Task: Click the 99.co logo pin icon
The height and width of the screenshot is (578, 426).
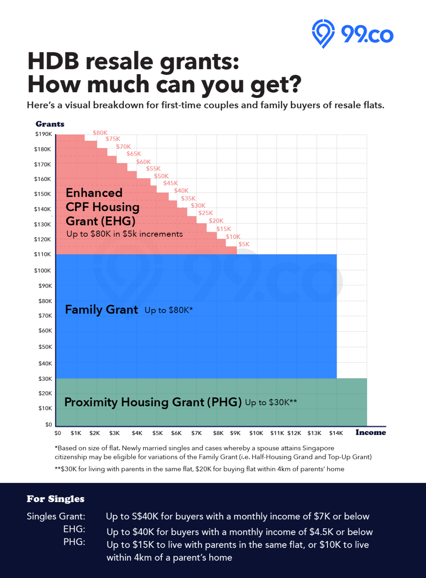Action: click(x=323, y=33)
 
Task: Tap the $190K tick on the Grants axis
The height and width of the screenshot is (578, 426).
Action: click(x=43, y=134)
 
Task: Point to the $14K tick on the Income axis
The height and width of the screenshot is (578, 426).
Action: click(x=336, y=433)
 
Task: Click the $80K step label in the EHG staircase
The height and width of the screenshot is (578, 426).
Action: click(x=100, y=133)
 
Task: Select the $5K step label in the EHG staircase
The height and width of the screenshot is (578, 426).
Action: click(x=244, y=244)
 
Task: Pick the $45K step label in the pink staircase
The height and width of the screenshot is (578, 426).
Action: click(x=170, y=183)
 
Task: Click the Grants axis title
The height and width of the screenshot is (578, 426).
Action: click(x=50, y=124)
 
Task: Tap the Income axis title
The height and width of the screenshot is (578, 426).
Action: click(x=371, y=432)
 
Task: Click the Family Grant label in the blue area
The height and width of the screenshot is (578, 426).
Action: click(x=101, y=309)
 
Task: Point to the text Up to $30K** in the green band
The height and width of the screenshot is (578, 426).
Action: click(x=271, y=402)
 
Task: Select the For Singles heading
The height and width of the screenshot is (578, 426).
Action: click(x=55, y=499)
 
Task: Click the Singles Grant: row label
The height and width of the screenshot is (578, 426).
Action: click(x=56, y=516)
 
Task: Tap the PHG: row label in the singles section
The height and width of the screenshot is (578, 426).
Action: click(x=74, y=541)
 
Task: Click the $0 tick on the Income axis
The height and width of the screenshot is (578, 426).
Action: click(x=58, y=433)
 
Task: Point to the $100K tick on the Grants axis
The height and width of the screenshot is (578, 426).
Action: click(x=43, y=271)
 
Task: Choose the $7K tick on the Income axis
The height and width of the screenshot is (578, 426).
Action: click(x=196, y=433)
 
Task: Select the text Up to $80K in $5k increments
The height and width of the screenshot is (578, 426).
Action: click(x=125, y=234)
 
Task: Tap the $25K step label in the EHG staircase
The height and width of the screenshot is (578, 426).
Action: click(x=205, y=213)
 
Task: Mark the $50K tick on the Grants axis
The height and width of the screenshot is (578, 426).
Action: click(x=45, y=347)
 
